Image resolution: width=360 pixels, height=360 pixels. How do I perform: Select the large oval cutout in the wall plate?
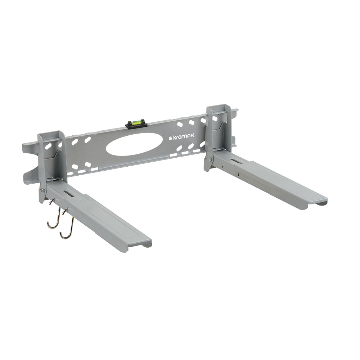131,144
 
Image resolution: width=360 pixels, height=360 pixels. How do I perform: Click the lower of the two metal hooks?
67,224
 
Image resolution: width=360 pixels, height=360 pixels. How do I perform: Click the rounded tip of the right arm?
318,202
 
